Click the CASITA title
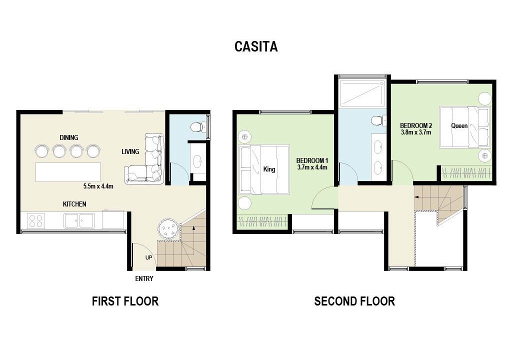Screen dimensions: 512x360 (x=256, y=46)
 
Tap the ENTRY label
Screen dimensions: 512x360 (x=144, y=278)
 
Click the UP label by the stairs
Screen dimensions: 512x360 (x=148, y=257)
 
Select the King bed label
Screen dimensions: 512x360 (x=269, y=169)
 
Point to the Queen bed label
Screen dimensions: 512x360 (x=459, y=126)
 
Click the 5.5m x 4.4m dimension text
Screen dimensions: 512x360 (x=98, y=186)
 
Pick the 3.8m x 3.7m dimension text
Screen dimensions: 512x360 (x=416, y=132)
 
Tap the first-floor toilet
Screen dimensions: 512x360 (x=198, y=127)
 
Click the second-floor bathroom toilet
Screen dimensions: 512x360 (x=378, y=120)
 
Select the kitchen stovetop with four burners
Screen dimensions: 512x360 (x=35, y=220)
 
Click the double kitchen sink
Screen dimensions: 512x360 (x=79, y=220)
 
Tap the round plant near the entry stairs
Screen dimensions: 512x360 (x=168, y=228)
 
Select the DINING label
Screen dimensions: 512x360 (x=69, y=137)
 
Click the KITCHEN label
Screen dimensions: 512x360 (x=74, y=204)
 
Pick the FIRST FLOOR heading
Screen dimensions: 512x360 (x=125, y=301)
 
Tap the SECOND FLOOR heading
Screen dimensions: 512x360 (x=354, y=301)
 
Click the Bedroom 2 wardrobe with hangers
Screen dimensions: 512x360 (x=466, y=172)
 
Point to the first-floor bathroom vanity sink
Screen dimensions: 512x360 (x=198, y=160)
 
